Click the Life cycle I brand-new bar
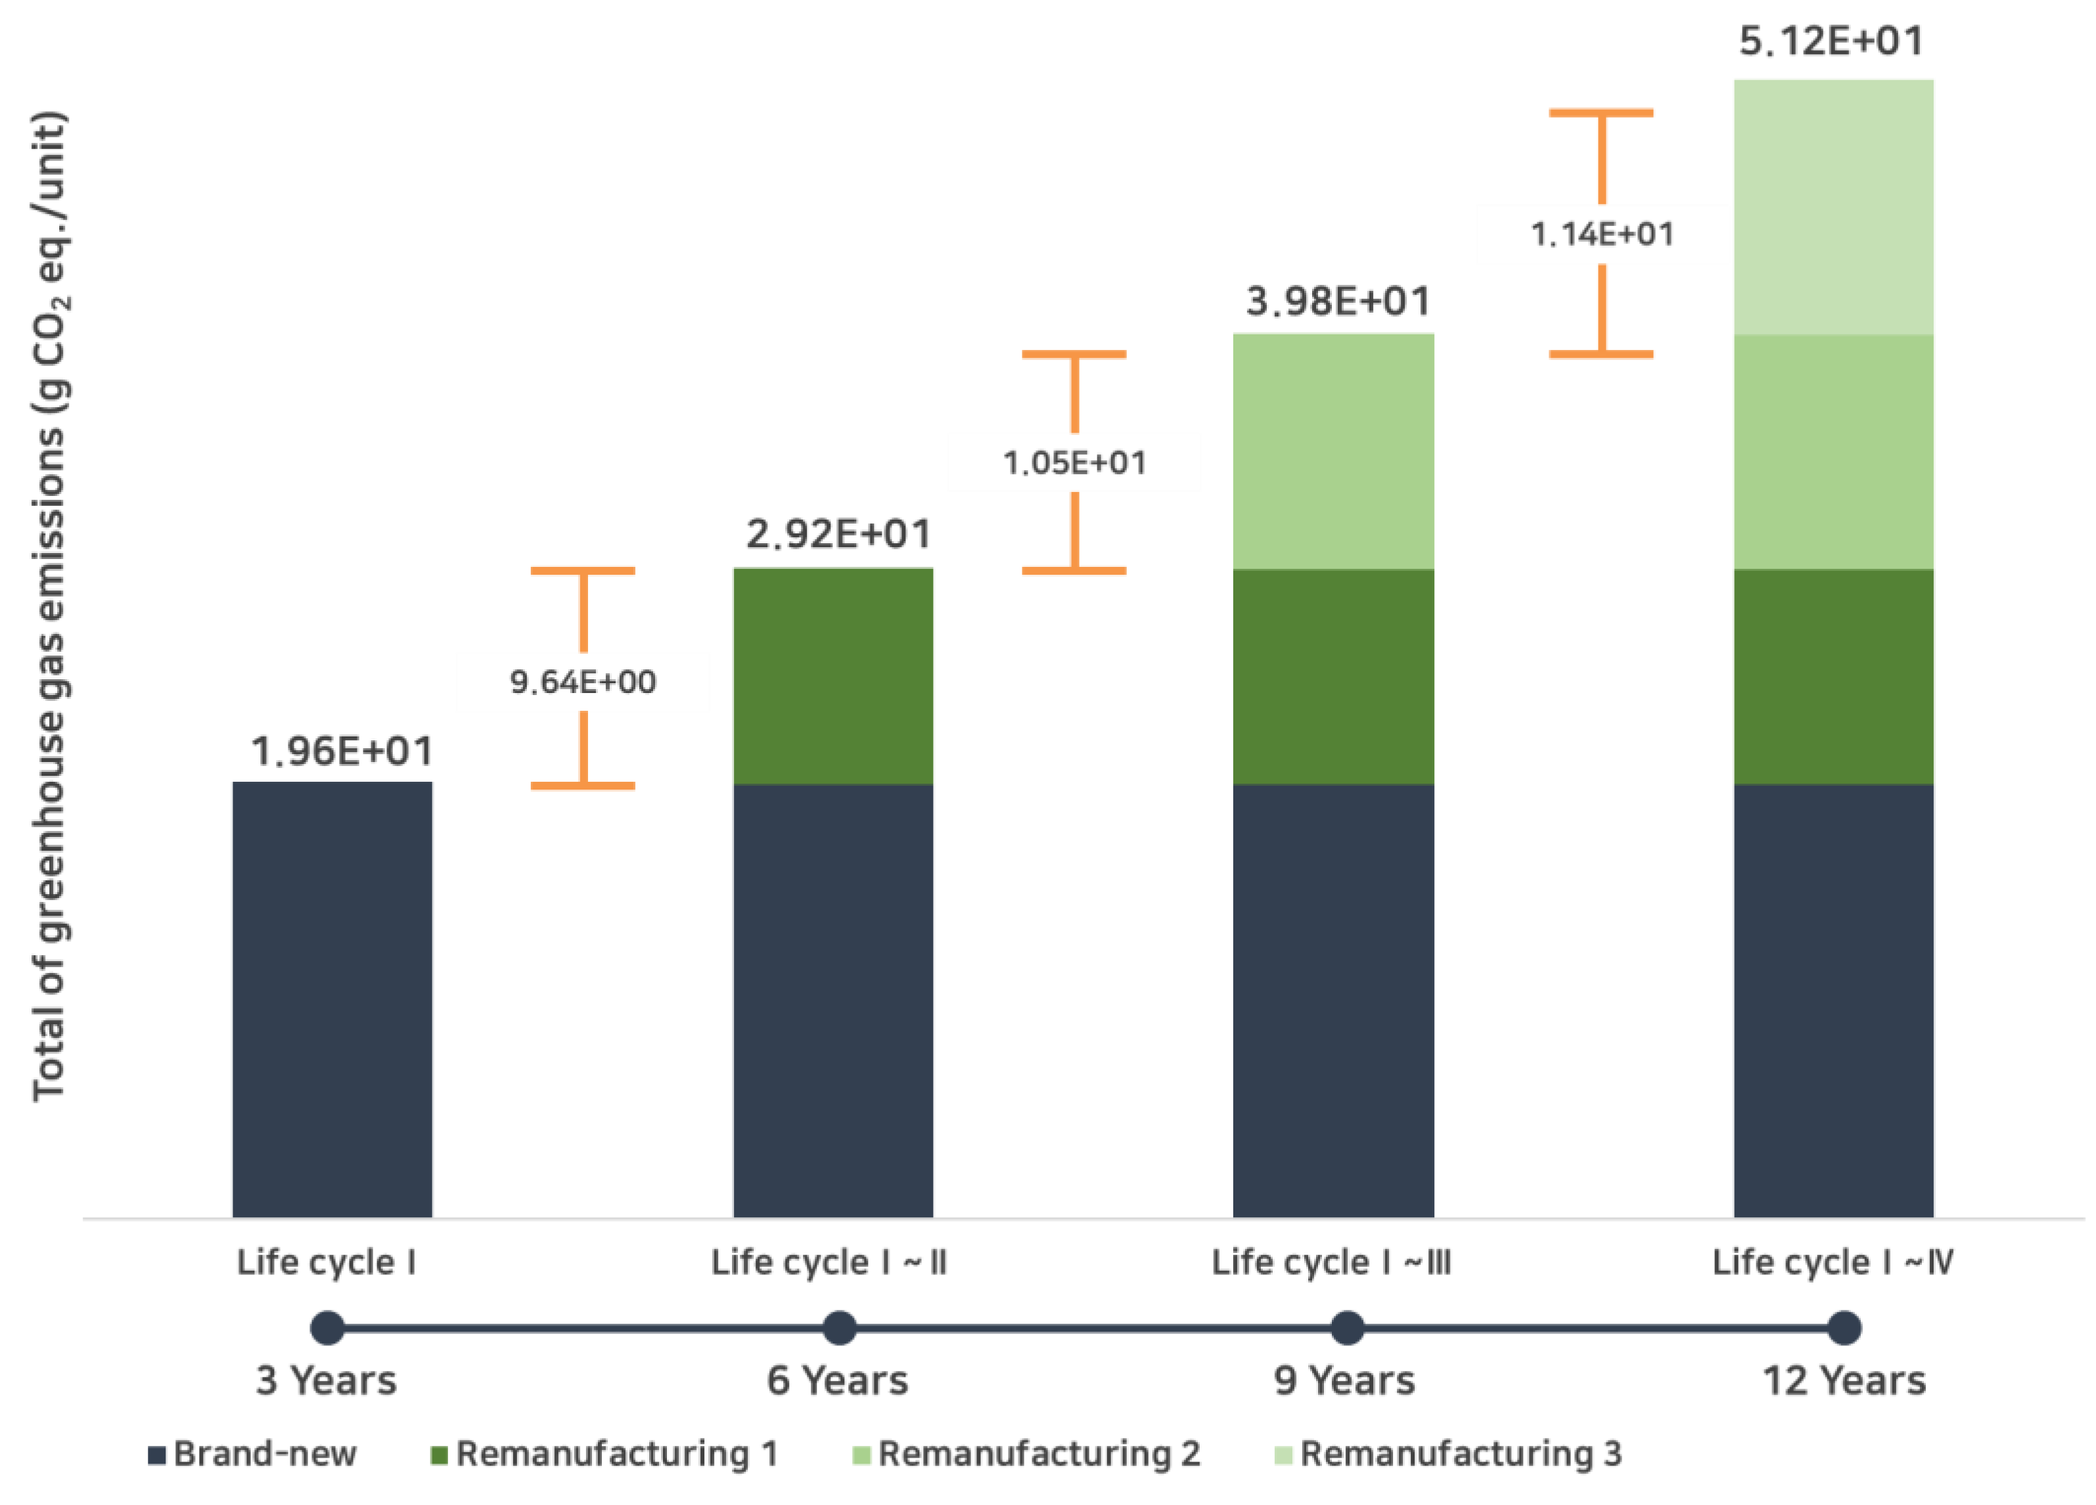332,1000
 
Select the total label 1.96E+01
342,751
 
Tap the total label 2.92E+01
838,534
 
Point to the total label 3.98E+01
1337,301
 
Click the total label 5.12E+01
1831,41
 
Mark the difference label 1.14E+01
1602,234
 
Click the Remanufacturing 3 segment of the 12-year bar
1833,207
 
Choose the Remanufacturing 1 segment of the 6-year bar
832,676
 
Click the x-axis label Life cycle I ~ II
828,1262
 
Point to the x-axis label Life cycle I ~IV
1832,1262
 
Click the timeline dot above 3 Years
327,1328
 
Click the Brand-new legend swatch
157,1455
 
